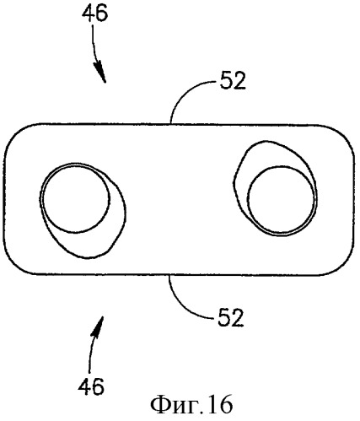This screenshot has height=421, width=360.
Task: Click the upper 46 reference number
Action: click(x=94, y=13)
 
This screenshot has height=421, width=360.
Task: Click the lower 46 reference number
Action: click(x=91, y=387)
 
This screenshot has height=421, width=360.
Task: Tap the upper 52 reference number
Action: click(x=233, y=81)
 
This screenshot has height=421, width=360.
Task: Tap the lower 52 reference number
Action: click(x=230, y=318)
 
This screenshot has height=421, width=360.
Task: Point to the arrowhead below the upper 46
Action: click(x=100, y=73)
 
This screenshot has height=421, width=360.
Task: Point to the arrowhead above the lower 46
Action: click(x=98, y=327)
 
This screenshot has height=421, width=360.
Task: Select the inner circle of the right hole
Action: click(x=315, y=201)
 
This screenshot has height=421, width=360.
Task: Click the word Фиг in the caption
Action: click(x=168, y=406)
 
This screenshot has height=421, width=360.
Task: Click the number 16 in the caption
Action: click(x=221, y=405)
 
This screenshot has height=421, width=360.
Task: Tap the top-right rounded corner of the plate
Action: click(x=343, y=132)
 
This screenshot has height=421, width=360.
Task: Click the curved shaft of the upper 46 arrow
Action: click(x=94, y=44)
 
